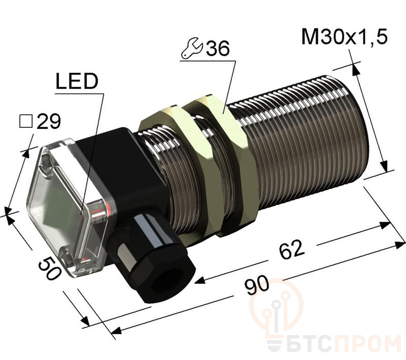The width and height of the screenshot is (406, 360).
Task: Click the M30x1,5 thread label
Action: [x=345, y=37]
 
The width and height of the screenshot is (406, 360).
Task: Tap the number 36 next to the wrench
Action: [x=218, y=48]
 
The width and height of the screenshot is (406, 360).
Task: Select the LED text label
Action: [x=77, y=81]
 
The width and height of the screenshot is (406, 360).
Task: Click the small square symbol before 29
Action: [x=26, y=122]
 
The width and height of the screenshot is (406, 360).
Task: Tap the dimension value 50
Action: [x=49, y=269]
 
